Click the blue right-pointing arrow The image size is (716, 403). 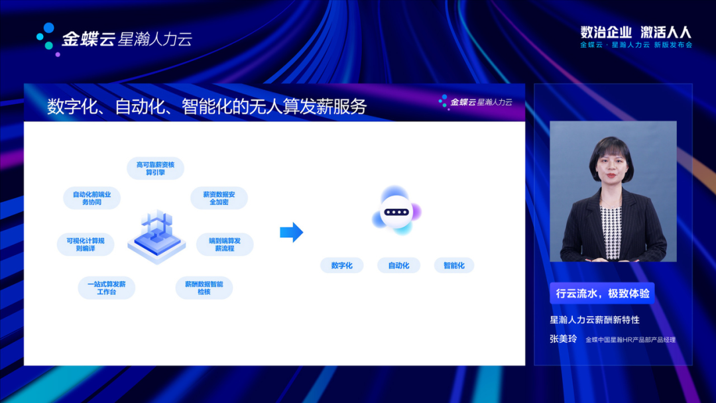coord(291,232)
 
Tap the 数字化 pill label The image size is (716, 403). coord(341,265)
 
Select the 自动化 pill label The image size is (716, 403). coord(398,265)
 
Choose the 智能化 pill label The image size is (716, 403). coord(454,265)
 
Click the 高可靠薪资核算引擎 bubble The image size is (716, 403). coord(155,168)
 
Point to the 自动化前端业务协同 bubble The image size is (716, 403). coord(91,198)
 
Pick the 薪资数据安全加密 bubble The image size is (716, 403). coord(219,198)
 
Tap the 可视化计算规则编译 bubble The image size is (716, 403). coord(86,244)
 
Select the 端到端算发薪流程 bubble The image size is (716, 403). coord(225,244)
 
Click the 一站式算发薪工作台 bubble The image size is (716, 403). coord(106,288)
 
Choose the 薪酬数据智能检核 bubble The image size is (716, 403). coord(204,288)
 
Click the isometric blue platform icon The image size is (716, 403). coord(156,237)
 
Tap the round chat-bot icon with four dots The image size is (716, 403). coord(396,211)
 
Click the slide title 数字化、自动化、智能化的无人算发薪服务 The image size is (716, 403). coord(207,106)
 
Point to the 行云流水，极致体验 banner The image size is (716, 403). coord(602,293)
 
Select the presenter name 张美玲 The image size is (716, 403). coord(564,339)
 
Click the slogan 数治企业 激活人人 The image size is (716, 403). coord(636,32)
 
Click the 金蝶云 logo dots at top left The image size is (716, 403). coord(48,39)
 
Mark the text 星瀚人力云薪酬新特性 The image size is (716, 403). coord(595,319)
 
